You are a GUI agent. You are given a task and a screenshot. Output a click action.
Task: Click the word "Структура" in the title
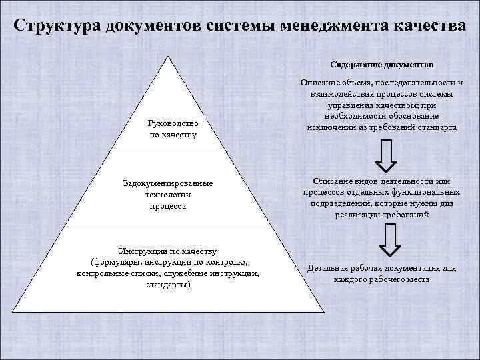56,26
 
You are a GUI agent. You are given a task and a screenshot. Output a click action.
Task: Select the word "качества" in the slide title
427,26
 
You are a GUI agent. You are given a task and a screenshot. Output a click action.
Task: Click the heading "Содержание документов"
381,65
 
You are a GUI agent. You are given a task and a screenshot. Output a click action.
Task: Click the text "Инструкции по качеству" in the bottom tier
167,251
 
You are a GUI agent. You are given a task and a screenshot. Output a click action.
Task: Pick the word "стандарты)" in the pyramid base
168,285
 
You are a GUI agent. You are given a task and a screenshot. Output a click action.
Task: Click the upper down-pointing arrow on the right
387,155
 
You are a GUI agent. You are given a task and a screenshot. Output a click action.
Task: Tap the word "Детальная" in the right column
328,269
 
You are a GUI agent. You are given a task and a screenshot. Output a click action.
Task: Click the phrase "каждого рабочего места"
381,279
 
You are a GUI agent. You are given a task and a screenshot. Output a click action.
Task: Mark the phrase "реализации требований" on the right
381,215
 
